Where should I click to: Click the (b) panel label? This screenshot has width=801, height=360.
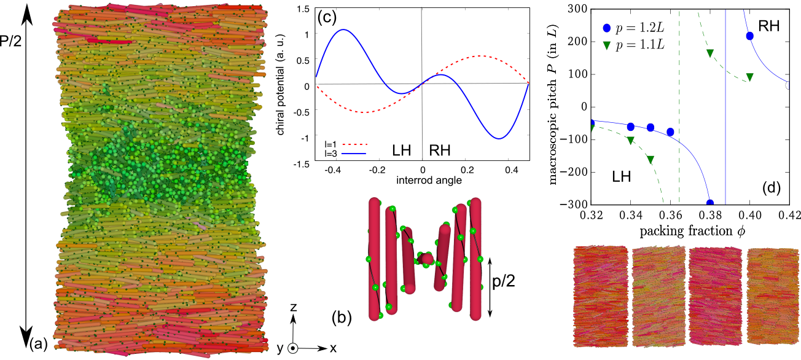(x=342, y=317)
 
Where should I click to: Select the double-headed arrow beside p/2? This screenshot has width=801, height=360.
(x=490, y=287)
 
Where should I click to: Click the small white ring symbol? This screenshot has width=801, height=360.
(x=293, y=348)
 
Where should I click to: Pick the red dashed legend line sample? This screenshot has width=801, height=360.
(x=353, y=145)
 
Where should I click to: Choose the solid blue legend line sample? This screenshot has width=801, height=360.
(x=353, y=154)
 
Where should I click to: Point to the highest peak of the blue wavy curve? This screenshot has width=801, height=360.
(x=343, y=29)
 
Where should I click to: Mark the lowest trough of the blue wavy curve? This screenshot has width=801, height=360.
(x=499, y=139)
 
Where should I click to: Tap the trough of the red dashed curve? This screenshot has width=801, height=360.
(x=364, y=112)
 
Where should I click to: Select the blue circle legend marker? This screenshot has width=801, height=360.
(x=607, y=28)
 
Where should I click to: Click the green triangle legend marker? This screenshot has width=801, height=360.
(x=607, y=45)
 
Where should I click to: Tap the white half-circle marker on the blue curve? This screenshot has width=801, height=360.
(x=787, y=85)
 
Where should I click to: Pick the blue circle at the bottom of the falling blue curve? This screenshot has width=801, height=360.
(x=710, y=202)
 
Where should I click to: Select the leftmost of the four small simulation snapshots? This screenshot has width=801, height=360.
(x=601, y=296)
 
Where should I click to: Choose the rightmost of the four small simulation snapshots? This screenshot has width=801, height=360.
(x=772, y=296)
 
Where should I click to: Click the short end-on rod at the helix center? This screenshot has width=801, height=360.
(x=426, y=259)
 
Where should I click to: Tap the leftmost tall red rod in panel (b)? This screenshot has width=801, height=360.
(x=374, y=258)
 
